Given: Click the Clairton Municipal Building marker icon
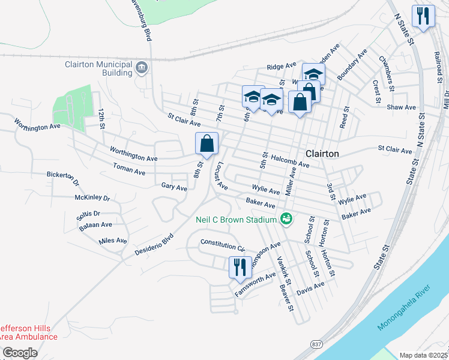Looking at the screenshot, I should (x=142, y=68).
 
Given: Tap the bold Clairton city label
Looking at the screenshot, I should (x=322, y=154).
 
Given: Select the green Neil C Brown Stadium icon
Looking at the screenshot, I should (x=286, y=220).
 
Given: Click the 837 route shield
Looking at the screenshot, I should (x=317, y=344).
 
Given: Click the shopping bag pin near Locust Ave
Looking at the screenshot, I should (x=206, y=145).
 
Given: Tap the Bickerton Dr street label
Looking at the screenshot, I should (x=63, y=177).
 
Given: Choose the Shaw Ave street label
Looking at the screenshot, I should (x=402, y=107).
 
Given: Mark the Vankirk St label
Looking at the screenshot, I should (x=283, y=271).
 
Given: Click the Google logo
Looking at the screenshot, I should (x=20, y=353).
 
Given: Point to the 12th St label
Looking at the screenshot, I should (x=102, y=120).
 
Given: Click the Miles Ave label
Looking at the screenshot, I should (x=113, y=241).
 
